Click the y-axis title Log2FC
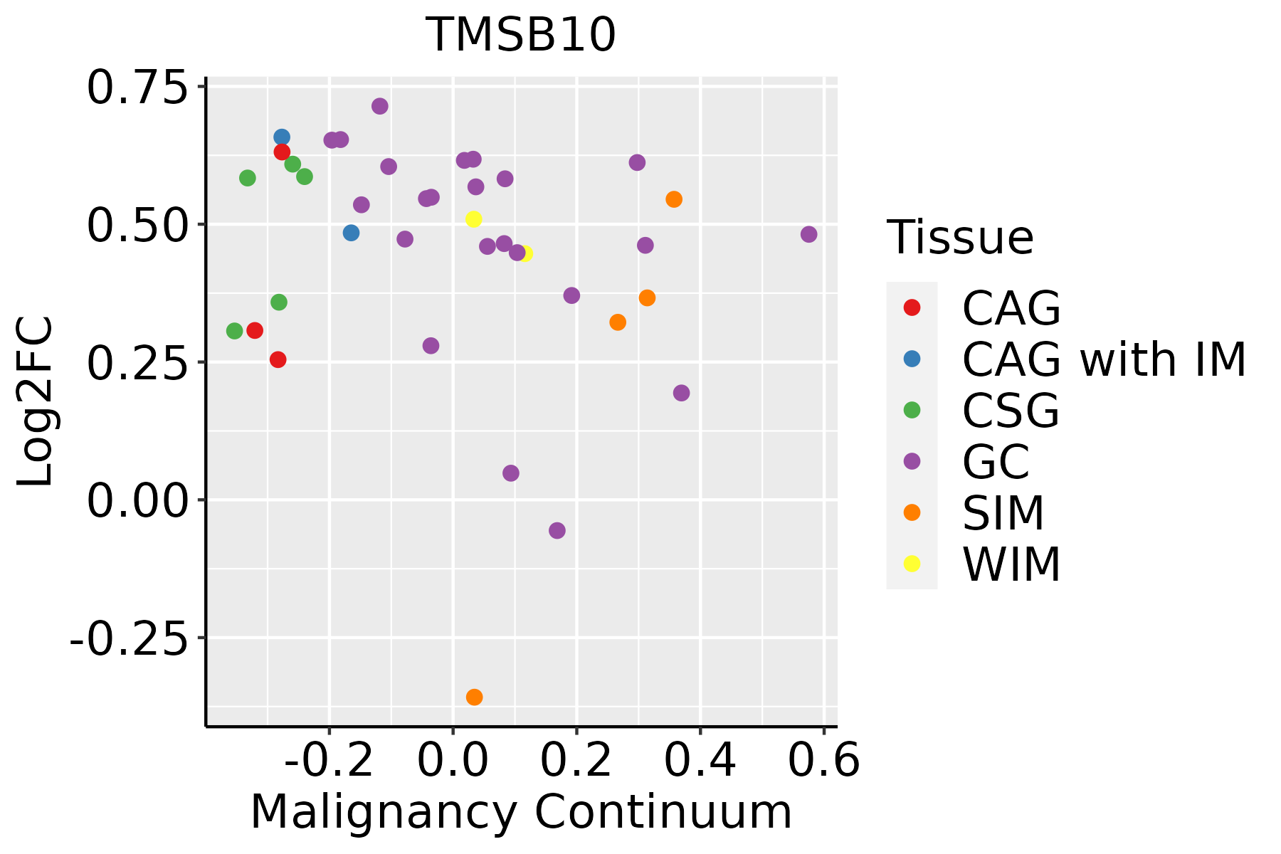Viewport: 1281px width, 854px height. point(36,402)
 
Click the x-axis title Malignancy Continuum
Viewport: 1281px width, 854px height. point(521,812)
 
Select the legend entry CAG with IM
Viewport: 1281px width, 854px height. point(1104,359)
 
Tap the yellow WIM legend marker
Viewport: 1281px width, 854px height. point(912,564)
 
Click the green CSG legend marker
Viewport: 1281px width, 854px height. point(912,410)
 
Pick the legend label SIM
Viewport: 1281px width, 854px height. point(1003,513)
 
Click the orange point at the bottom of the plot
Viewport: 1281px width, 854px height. point(474,697)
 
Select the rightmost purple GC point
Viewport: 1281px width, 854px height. point(808,235)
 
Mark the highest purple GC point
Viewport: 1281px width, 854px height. point(380,106)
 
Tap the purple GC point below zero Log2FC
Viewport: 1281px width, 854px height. point(557,531)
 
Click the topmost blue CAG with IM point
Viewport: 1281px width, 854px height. point(282,137)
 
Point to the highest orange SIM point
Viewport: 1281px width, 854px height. point(674,199)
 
